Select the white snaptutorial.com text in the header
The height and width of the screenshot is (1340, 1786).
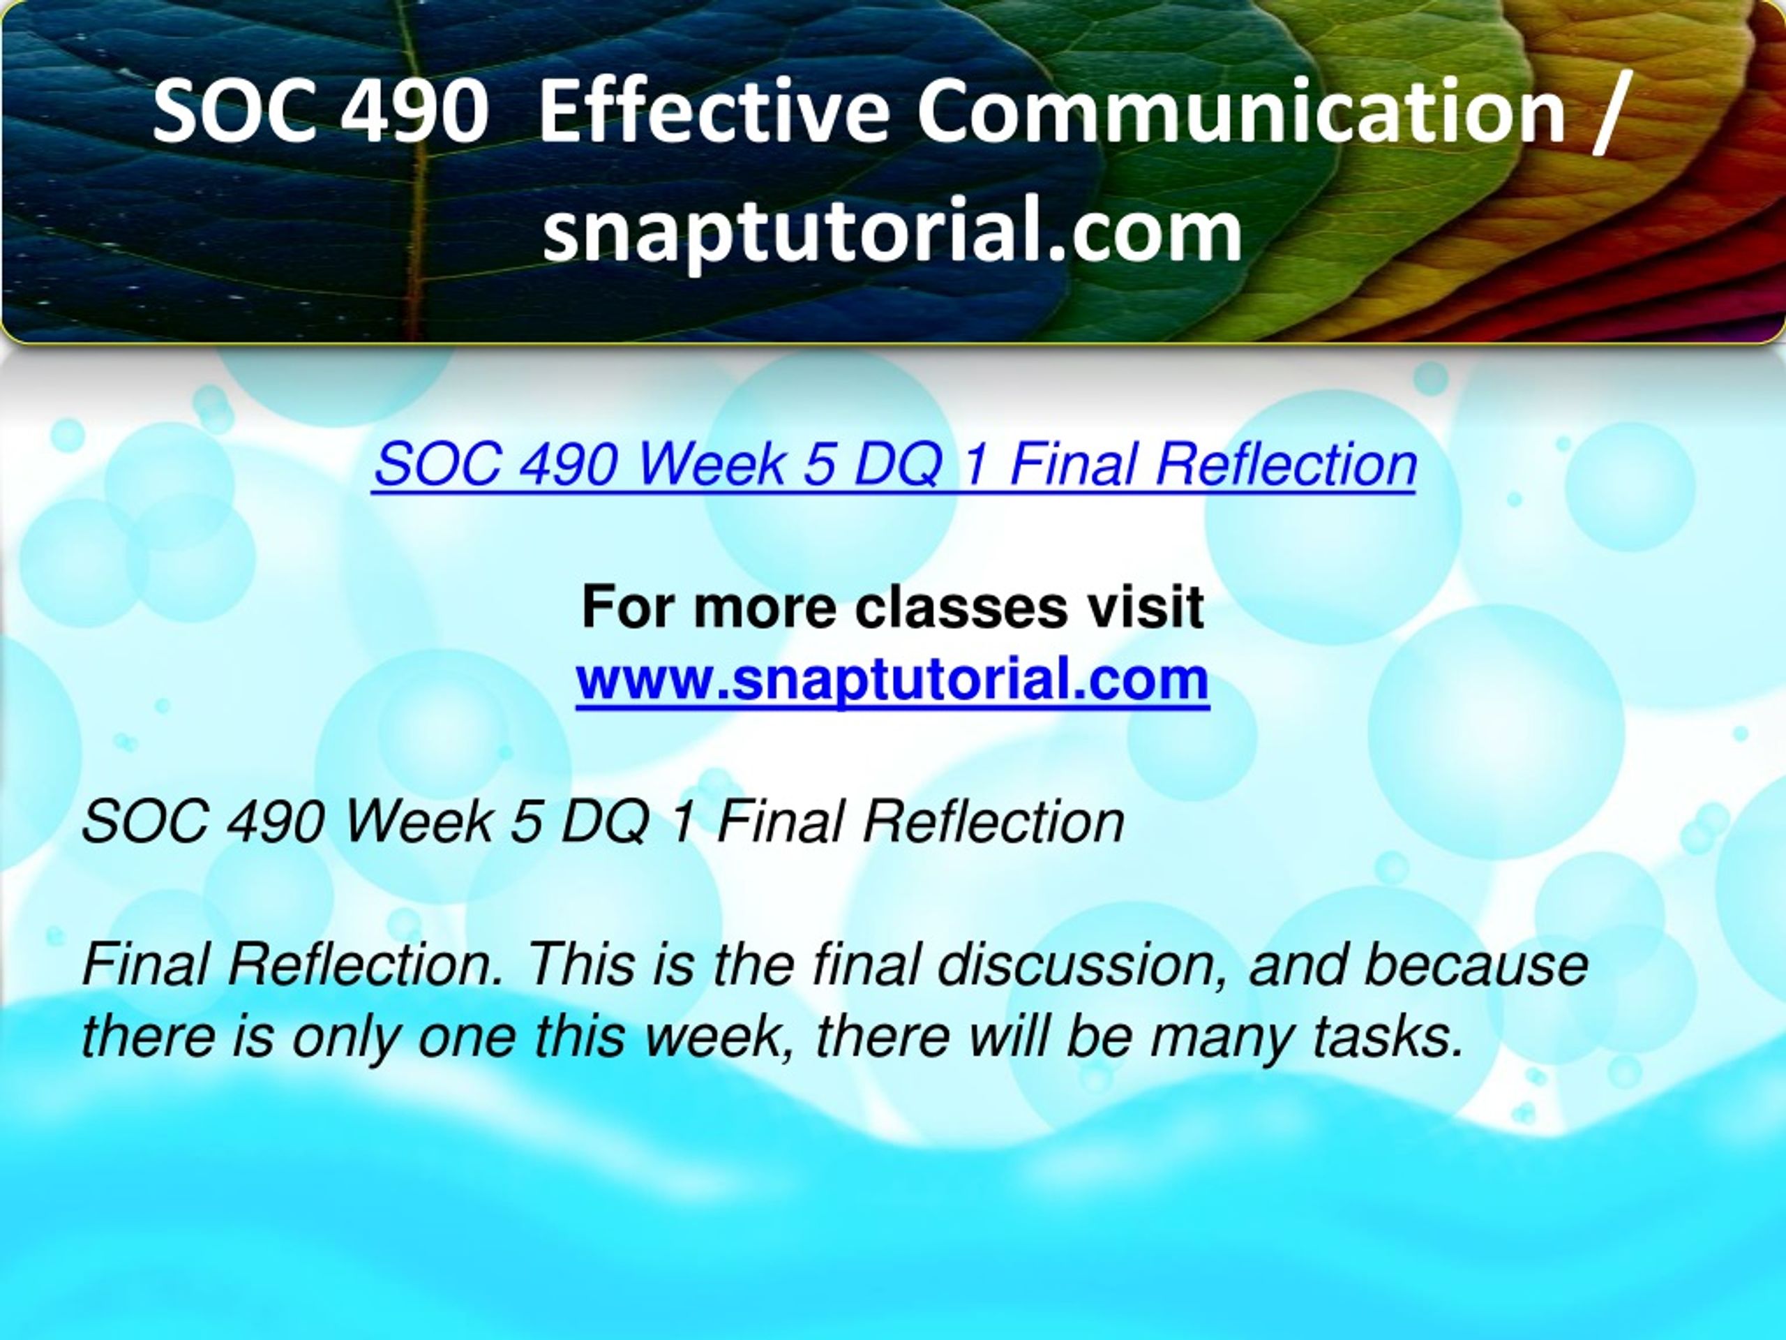pyautogui.click(x=892, y=231)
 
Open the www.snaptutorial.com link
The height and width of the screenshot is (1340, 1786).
pyautogui.click(x=892, y=679)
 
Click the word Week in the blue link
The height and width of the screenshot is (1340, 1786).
pyautogui.click(x=712, y=466)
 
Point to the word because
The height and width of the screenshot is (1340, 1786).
pyautogui.click(x=1476, y=965)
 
